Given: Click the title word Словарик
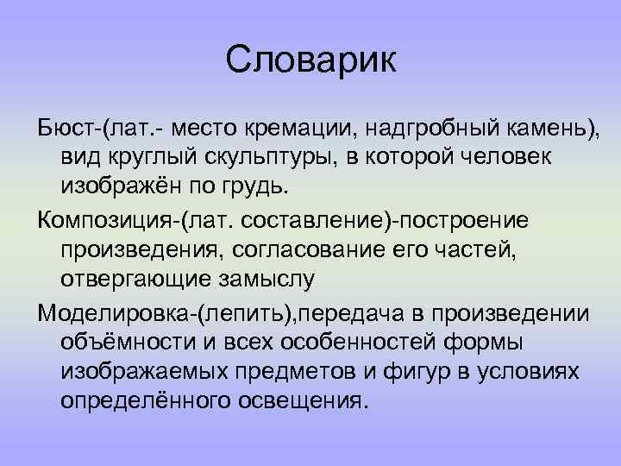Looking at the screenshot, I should [x=310, y=61].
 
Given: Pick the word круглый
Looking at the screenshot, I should [x=147, y=158].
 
